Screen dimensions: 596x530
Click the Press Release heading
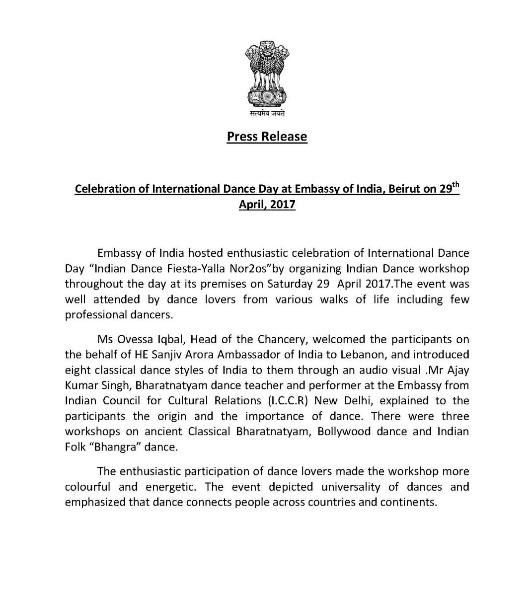coord(267,136)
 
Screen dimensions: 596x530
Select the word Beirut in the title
coord(399,189)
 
